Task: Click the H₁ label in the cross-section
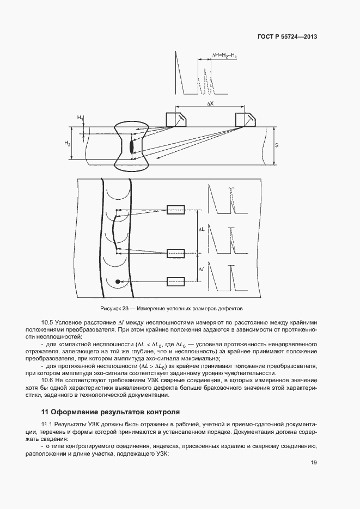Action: point(80,118)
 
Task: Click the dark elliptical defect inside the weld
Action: point(131,146)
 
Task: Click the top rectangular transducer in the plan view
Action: point(176,211)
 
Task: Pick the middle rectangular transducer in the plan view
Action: point(176,253)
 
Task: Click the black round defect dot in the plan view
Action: point(117,281)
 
